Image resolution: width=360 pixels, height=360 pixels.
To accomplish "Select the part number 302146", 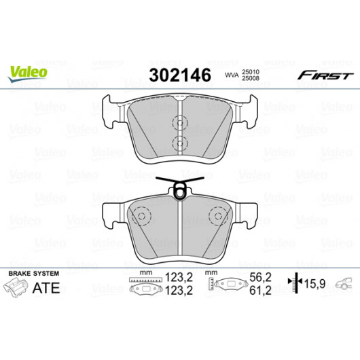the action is (x=180, y=75).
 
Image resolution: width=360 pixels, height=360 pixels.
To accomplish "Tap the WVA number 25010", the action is (x=251, y=72).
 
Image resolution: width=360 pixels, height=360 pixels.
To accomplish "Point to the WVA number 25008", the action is (x=251, y=78).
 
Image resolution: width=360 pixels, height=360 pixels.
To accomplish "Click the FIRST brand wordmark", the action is (x=325, y=75).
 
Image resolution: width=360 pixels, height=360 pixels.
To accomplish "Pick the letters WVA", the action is (x=232, y=75).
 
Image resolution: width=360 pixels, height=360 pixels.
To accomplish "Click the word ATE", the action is (x=46, y=288).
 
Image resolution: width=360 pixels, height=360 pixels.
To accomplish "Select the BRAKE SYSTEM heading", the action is (x=34, y=274).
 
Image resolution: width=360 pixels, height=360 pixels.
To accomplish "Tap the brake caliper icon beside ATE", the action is (x=16, y=287).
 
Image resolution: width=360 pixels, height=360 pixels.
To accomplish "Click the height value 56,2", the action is (x=260, y=278).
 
